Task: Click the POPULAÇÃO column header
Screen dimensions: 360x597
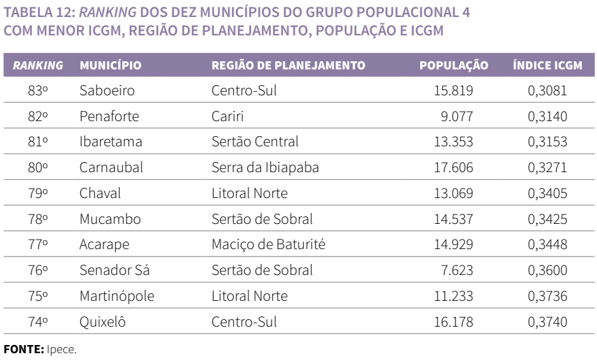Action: click(x=454, y=66)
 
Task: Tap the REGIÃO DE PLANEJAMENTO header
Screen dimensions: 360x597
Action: click(x=289, y=66)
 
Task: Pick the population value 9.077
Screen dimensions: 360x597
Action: click(x=472, y=116)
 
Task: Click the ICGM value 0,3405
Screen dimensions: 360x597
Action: click(x=547, y=194)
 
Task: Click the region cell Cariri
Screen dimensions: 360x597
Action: click(x=226, y=116)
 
